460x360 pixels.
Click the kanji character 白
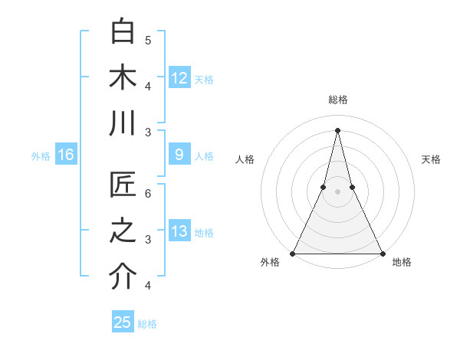point(123,31)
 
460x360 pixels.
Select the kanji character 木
point(123,77)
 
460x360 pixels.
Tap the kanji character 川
point(123,123)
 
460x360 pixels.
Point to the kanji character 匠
point(123,186)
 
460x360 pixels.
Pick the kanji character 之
point(123,232)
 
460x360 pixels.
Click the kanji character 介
point(123,278)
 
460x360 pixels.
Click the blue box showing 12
point(179,77)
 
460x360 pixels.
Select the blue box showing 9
point(179,155)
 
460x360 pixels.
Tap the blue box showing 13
point(179,232)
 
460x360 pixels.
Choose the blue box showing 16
point(65,155)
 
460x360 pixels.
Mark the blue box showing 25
point(123,322)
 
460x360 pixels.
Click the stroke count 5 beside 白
point(148,40)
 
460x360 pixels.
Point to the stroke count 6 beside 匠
point(148,193)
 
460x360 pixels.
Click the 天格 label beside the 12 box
point(204,79)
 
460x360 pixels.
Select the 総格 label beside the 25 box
point(147,324)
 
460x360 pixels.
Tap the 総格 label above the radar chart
point(337,100)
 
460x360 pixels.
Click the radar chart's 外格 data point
point(293,254)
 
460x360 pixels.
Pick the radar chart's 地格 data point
point(382,254)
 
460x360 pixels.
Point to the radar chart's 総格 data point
point(337,129)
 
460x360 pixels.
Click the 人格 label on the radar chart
point(245,159)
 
